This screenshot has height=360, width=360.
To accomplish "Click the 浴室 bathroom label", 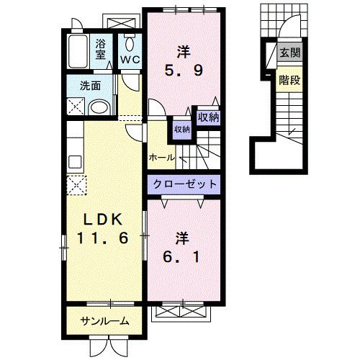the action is point(101,49).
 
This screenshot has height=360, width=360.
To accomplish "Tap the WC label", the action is point(130,60).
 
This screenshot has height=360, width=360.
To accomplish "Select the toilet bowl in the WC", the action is point(130,43).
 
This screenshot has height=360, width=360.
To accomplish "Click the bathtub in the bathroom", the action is point(78,51).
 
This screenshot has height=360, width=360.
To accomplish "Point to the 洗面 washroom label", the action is point(90,86).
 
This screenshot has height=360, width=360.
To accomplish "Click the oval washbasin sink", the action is point(99,108).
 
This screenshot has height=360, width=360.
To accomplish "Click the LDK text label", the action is point(102,220).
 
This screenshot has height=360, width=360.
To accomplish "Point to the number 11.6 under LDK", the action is point(102,238).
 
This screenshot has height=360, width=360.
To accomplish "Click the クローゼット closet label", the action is point(184,184).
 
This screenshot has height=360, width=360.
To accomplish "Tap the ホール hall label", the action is point(161,158).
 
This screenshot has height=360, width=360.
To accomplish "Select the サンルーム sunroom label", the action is point(105,320).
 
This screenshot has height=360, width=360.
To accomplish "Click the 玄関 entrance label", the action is point(290,53).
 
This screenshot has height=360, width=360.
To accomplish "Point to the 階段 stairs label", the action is point(289,80).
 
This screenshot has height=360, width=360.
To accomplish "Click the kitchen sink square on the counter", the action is point(75,162).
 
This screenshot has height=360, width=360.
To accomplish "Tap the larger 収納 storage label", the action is point(208,117).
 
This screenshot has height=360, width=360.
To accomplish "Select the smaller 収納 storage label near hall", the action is point(182,130).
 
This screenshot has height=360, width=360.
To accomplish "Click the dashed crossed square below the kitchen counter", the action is point(76,185).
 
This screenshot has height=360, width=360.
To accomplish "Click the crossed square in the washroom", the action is point(76,107).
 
